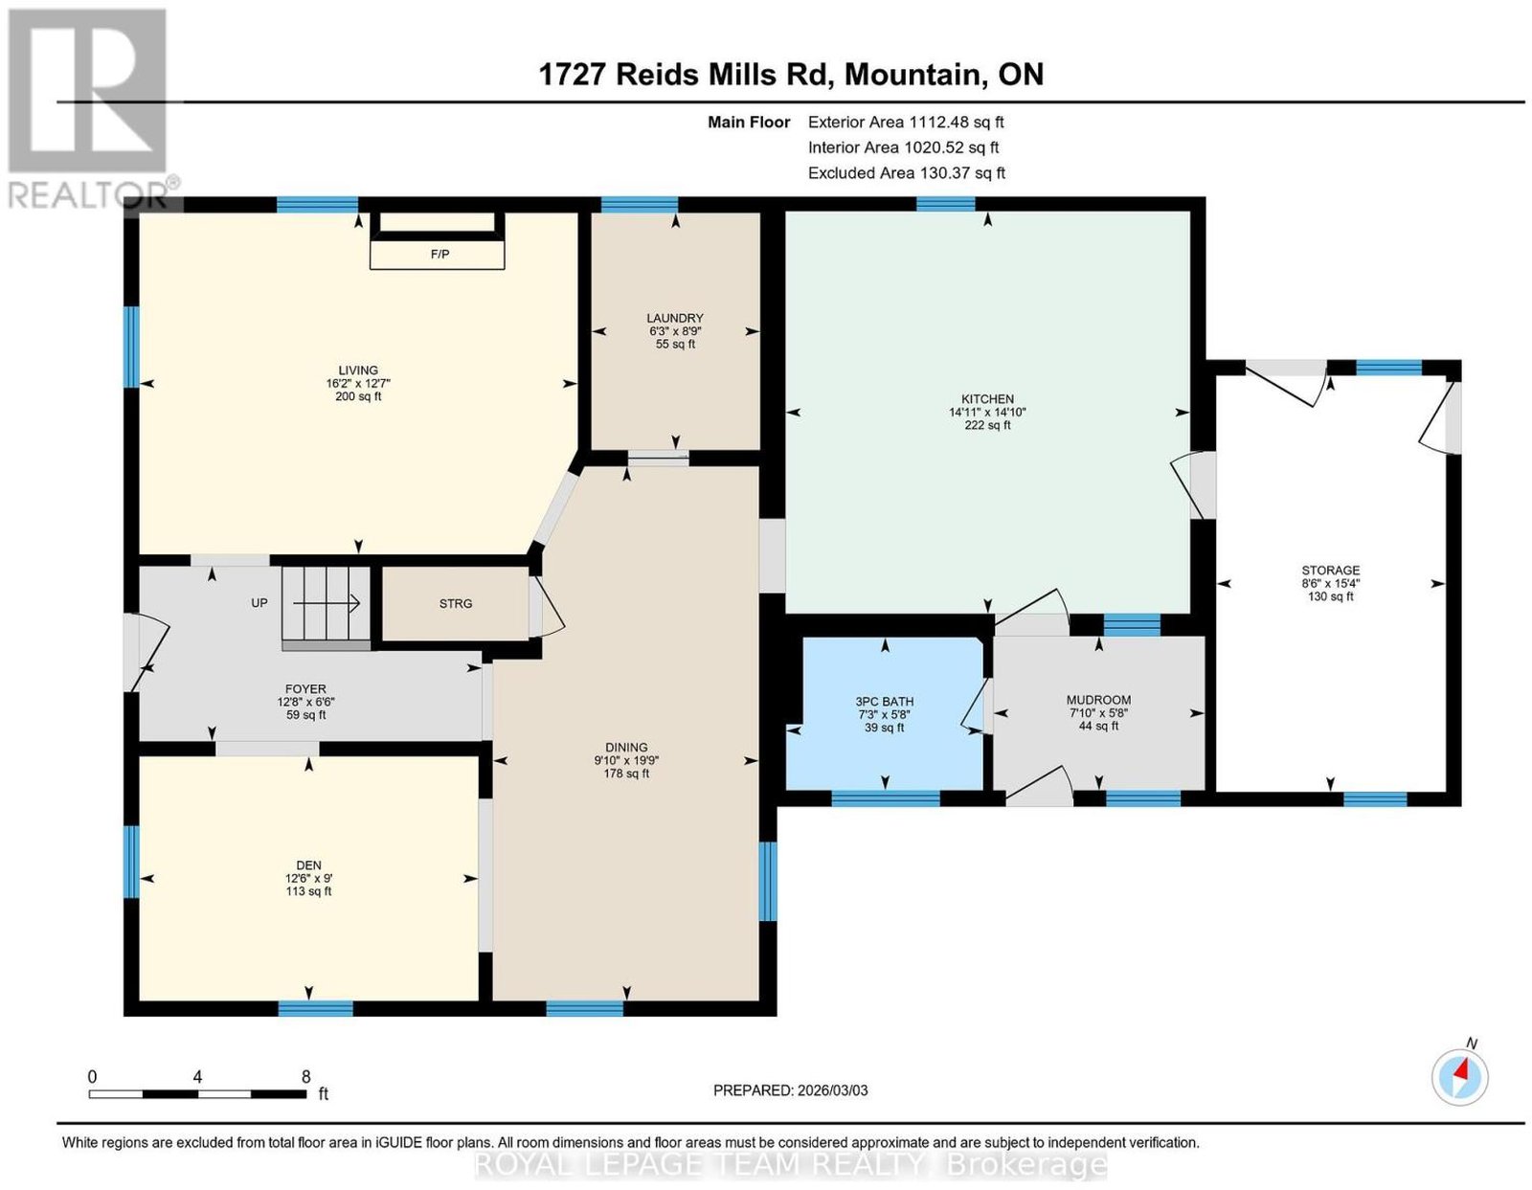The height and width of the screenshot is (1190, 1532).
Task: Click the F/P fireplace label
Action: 439,254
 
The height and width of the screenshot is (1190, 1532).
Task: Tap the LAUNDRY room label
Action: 675,318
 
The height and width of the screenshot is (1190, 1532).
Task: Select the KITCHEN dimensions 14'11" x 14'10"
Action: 986,413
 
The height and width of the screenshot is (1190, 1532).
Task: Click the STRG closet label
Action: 456,603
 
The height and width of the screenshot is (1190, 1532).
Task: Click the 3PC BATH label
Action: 884,701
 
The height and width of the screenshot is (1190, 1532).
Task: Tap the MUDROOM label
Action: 1097,700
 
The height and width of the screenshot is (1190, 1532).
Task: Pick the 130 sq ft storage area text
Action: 1330,596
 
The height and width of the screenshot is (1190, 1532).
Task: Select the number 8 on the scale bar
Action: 306,1077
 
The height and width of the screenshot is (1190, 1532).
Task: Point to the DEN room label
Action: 308,865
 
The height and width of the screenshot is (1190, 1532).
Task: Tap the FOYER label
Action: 305,689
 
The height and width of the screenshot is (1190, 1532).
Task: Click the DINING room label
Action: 626,748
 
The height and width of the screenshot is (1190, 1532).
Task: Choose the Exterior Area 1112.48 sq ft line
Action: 905,122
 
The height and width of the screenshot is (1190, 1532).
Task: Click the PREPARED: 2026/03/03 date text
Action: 790,1090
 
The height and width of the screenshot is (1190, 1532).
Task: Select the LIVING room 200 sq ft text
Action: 358,396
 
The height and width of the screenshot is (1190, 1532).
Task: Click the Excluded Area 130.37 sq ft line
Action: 907,172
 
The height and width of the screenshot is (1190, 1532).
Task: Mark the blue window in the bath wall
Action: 886,798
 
